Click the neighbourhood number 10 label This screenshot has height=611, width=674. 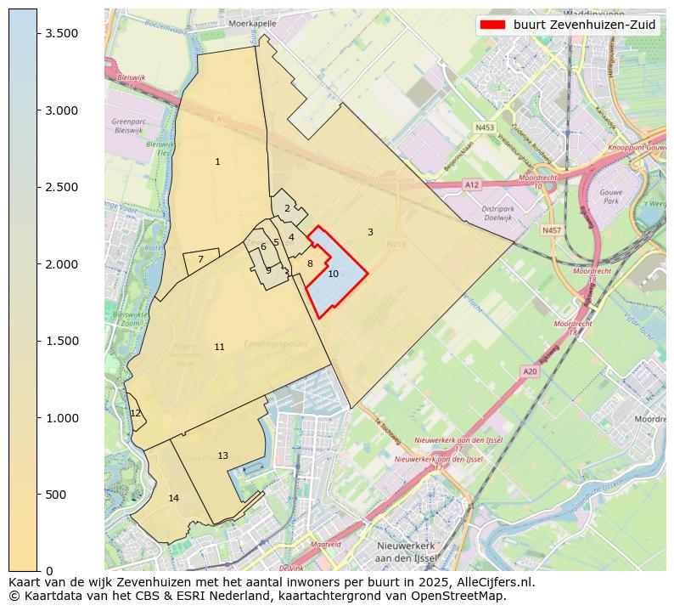[x=333, y=274]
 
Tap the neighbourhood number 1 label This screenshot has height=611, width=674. [x=217, y=161]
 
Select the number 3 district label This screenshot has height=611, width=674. [x=370, y=232]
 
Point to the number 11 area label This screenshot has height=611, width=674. [x=219, y=347]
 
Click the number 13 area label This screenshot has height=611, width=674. [x=222, y=455]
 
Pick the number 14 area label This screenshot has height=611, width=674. [x=173, y=498]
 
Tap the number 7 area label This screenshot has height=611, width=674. [x=200, y=260]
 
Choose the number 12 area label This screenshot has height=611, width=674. [x=136, y=413]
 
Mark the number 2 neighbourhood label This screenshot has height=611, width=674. [x=287, y=208]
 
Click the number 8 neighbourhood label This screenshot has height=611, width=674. [x=310, y=264]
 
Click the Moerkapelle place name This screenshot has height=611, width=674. [x=252, y=24]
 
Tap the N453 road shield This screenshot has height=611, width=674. [x=484, y=127]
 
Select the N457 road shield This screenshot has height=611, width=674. [x=551, y=230]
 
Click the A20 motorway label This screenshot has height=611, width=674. [x=530, y=371]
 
